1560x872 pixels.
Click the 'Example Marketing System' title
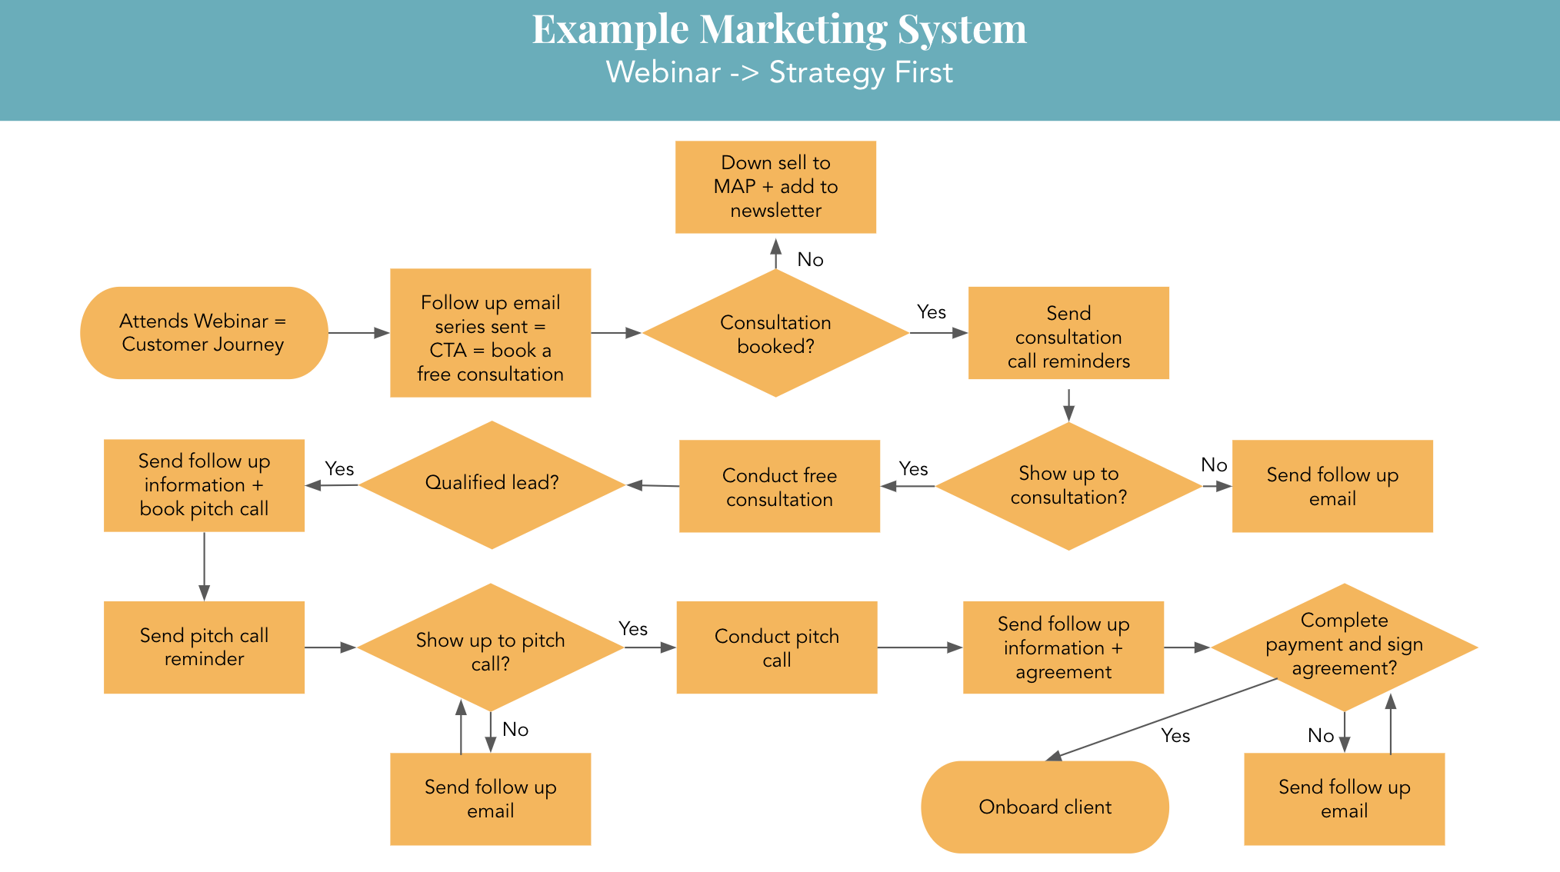(778, 29)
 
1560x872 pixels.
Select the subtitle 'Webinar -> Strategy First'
(778, 72)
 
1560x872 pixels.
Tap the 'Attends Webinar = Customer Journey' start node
(204, 333)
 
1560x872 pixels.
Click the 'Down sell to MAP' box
(775, 187)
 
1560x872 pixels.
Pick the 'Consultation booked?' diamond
(775, 334)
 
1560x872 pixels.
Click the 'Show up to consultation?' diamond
(1068, 486)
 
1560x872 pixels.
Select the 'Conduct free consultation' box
(779, 486)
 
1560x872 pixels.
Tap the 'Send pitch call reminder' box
(204, 647)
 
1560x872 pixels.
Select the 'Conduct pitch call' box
(776, 647)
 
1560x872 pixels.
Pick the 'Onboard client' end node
(1045, 807)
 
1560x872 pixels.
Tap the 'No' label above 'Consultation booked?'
(810, 260)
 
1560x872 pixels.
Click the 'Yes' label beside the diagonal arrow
(1175, 736)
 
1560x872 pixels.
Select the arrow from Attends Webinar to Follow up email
(358, 333)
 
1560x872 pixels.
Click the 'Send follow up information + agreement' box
(1063, 647)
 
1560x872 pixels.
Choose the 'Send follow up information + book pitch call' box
(204, 485)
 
